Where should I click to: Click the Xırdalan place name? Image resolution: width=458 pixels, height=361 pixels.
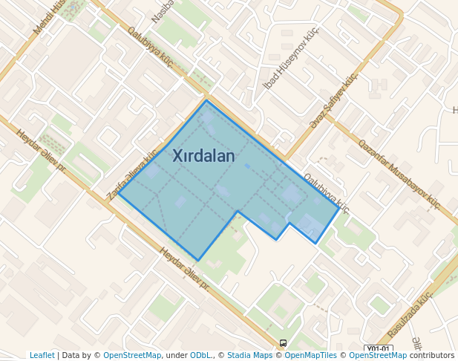point(203,156)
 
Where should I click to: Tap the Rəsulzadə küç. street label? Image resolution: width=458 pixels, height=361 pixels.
point(410,314)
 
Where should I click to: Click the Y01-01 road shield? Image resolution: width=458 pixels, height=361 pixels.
point(378,348)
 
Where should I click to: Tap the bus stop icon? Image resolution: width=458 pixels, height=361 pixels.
point(283,343)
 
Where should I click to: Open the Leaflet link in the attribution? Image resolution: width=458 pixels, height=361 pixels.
point(42,356)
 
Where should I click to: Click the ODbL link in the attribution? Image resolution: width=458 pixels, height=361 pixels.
point(200,356)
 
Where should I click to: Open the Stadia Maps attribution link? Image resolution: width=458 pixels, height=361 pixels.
point(249,356)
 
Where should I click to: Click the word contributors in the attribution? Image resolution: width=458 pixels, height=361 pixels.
point(431,356)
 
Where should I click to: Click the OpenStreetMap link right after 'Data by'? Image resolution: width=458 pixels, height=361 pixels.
point(132,356)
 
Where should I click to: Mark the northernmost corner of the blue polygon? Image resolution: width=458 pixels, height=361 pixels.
point(206,100)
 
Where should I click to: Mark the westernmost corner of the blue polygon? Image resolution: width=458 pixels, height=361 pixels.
point(119,197)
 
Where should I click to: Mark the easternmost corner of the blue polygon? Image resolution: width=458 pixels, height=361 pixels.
point(339,209)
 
